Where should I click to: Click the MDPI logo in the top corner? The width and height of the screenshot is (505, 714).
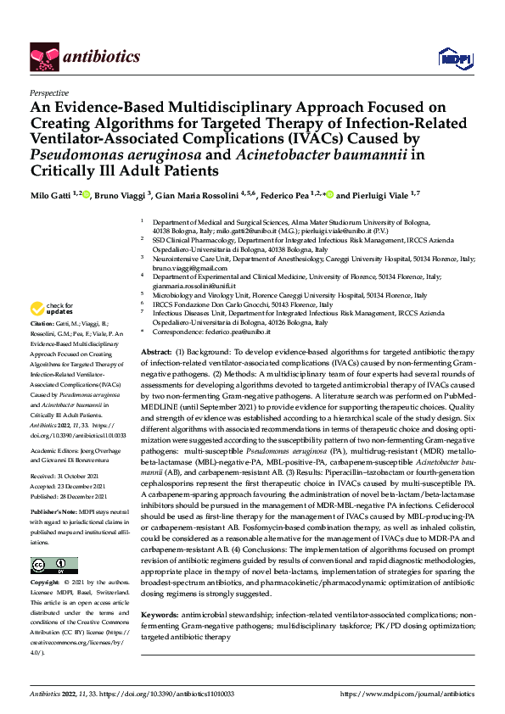[452, 58]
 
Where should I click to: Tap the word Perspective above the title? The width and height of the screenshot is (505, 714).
[49, 93]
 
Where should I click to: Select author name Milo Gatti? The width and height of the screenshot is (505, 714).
[50, 196]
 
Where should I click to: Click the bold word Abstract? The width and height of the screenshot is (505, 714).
[156, 351]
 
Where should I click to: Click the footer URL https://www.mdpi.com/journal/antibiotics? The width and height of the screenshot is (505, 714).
[407, 693]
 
